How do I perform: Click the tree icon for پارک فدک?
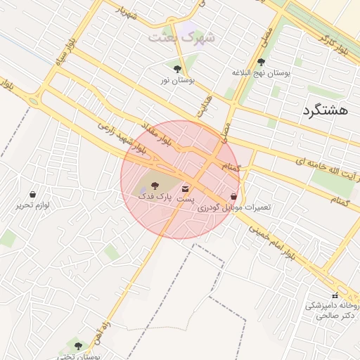pos(155,186)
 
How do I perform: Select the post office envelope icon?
pos(186,188)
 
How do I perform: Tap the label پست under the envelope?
pos(185,200)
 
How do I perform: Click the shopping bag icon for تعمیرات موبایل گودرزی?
pos(233,197)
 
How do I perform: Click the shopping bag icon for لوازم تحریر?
pos(32,194)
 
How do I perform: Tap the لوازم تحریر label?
pos(32,205)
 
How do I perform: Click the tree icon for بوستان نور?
pos(177,69)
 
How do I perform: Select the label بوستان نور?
pos(176,81)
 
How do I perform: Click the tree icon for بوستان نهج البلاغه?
pos(262,62)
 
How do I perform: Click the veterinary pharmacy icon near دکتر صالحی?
pos(334,295)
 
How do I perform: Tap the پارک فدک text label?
pos(150,198)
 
